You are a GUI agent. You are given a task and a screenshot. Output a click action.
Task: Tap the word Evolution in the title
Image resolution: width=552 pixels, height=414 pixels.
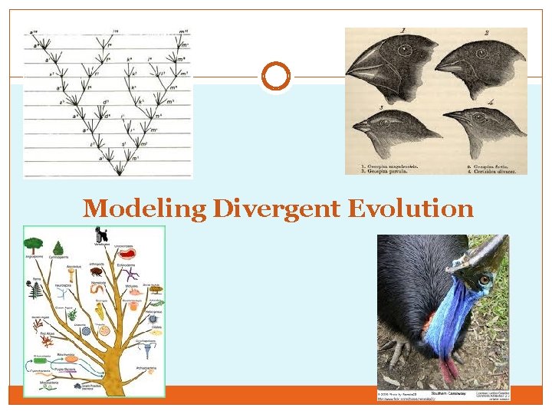pyautogui.click(x=411, y=208)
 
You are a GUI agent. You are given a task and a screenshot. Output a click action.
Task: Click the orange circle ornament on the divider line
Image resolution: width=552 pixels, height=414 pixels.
pyautogui.click(x=276, y=77)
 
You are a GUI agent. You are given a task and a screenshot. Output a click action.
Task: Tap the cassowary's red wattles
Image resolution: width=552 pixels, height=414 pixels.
pyautogui.click(x=449, y=366)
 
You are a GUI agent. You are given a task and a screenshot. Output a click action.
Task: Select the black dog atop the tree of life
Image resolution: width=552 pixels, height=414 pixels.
pyautogui.click(x=100, y=233)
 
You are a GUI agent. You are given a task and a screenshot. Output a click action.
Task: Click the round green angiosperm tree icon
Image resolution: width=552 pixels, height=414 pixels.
pyautogui.click(x=33, y=245)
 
